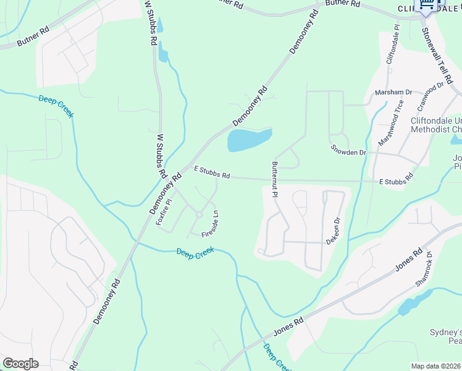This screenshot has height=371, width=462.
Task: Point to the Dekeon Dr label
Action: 337,229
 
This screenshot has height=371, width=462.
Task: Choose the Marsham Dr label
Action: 393,93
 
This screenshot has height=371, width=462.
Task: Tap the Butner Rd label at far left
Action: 32,38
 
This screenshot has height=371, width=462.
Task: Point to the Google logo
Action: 20,364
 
